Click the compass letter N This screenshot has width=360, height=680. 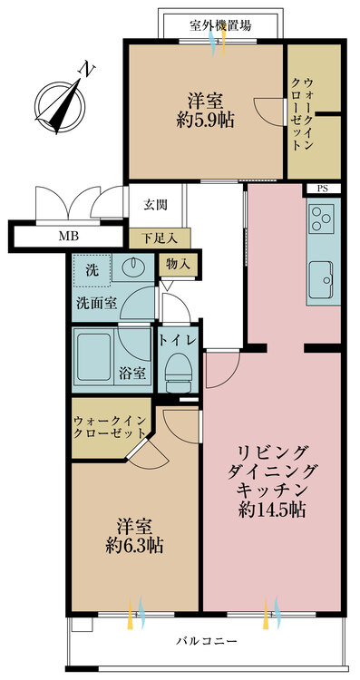click(x=88, y=70)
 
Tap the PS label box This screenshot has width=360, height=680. click(x=322, y=189)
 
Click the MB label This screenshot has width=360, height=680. click(x=66, y=237)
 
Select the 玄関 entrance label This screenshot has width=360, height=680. click(x=155, y=204)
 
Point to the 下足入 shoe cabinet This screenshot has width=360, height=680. click(x=160, y=238)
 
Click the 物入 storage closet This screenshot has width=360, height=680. click(x=178, y=264)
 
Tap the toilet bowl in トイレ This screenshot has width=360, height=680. click(x=179, y=368)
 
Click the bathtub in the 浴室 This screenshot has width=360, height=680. click(x=93, y=356)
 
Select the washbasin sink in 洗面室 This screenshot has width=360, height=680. click(x=133, y=267)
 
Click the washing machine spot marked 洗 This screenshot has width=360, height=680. click(x=92, y=270)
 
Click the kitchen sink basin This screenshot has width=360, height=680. click(x=321, y=280)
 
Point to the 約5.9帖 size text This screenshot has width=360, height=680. click(x=205, y=121)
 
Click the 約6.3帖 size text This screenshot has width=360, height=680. click(x=134, y=545)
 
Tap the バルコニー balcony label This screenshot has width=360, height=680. click(x=207, y=640)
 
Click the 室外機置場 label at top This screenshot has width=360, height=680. click(x=220, y=25)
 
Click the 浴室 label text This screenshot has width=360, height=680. click(x=133, y=373)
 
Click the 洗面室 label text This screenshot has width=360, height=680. click(x=97, y=303)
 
